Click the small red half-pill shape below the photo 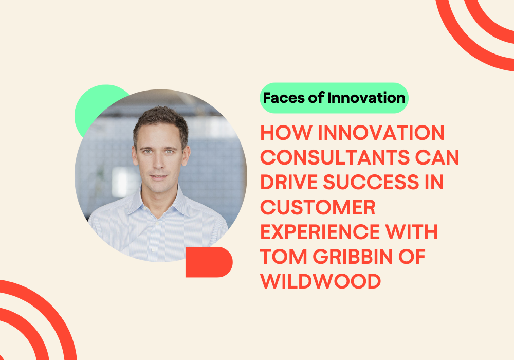tap(208, 262)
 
